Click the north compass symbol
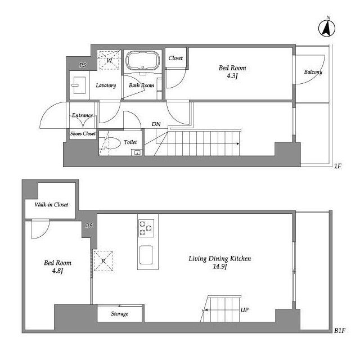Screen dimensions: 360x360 327,28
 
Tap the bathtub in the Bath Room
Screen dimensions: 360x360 142,60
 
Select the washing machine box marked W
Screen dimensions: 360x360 109,60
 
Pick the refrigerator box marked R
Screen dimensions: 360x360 103,261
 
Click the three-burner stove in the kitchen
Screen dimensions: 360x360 146,228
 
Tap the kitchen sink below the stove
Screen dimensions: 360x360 146,255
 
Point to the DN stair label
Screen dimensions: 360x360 156,124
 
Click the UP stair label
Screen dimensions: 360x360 245,310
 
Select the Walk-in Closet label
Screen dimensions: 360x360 51,205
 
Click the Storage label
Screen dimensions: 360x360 120,314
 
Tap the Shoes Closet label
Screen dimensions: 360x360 83,134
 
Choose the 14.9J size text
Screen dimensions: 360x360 220,267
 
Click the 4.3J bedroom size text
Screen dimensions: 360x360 232,76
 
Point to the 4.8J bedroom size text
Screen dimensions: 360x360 57,271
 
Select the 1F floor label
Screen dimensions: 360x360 337,166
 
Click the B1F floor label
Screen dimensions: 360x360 340,331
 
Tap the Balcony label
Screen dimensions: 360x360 313,72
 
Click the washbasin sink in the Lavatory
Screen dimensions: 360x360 79,85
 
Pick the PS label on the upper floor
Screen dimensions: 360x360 83,65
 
